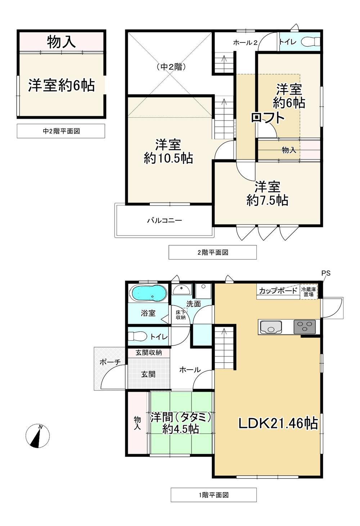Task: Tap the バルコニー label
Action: tap(165, 220)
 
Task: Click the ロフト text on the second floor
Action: tap(268, 118)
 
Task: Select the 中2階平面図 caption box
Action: tap(61, 131)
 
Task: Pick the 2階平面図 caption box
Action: tap(212, 253)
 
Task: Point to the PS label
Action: tap(326, 273)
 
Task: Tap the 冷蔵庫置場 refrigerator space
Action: tap(309, 292)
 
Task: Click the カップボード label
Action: tap(278, 291)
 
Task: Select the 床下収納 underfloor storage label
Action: tap(181, 315)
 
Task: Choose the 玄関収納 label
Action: tap(149, 353)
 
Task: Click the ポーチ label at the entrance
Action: tap(110, 362)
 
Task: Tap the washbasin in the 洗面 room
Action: tap(181, 290)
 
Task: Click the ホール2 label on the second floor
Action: tap(245, 42)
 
